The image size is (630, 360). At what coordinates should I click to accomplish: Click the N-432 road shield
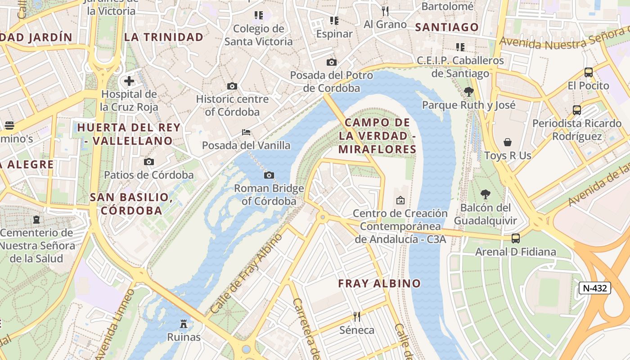[594, 288]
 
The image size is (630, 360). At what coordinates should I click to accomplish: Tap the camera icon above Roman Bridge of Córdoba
[269, 175]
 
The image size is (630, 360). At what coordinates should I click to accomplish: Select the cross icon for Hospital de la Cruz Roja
[129, 81]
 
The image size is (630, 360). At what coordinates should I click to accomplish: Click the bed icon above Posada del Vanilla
[246, 132]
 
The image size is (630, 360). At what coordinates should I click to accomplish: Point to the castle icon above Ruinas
[184, 324]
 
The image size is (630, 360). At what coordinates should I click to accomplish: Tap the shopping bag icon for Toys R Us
[508, 142]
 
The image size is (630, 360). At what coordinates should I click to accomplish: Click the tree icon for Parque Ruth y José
[468, 92]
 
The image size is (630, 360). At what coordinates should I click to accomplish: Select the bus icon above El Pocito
[588, 72]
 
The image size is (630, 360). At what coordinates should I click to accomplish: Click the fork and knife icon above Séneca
[357, 317]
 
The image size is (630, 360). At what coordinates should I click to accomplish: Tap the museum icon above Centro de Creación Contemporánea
[400, 200]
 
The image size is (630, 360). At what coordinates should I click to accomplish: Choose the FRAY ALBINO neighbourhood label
[379, 283]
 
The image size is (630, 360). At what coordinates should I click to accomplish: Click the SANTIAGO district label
[447, 27]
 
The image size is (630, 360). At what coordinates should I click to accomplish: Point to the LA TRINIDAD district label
[164, 37]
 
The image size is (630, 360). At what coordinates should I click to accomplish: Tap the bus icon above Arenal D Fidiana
[516, 238]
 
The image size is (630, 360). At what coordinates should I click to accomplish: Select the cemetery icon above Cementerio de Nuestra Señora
[36, 220]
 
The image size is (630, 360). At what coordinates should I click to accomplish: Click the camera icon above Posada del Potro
[332, 62]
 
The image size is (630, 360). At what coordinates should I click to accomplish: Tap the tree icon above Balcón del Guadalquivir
[485, 194]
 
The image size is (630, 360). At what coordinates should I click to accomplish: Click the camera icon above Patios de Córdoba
[149, 162]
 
